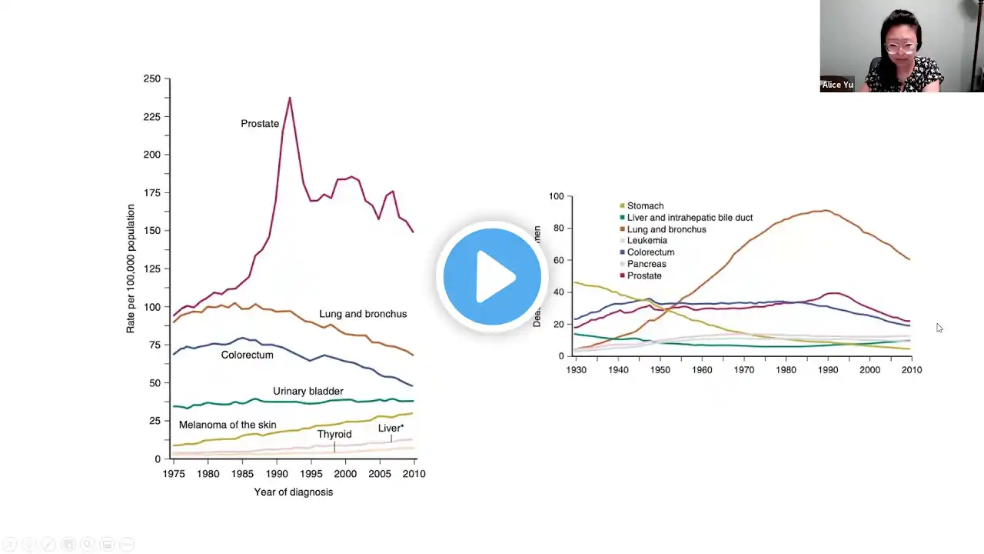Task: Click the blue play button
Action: pyautogui.click(x=492, y=276)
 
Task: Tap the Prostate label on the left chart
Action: pyautogui.click(x=260, y=124)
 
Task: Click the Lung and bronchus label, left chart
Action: pyautogui.click(x=363, y=314)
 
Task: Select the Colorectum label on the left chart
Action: pyautogui.click(x=247, y=355)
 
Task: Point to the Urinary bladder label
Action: pyautogui.click(x=307, y=392)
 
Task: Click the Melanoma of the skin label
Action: pyautogui.click(x=228, y=425)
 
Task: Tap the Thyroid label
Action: pyautogui.click(x=334, y=434)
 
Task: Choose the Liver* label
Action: pyautogui.click(x=391, y=429)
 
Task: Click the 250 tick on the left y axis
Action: pyautogui.click(x=152, y=79)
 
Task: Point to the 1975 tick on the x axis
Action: pyautogui.click(x=174, y=474)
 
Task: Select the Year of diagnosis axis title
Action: pyautogui.click(x=294, y=492)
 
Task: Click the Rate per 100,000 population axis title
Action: pyautogui.click(x=131, y=269)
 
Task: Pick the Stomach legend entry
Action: pyautogui.click(x=645, y=206)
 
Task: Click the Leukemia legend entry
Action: pyautogui.click(x=647, y=241)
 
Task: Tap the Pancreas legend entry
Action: pyautogui.click(x=647, y=264)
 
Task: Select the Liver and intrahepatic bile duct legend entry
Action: pyautogui.click(x=690, y=218)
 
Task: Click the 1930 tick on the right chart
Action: pyautogui.click(x=576, y=370)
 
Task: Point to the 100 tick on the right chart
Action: pyautogui.click(x=556, y=197)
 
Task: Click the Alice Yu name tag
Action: pyautogui.click(x=837, y=85)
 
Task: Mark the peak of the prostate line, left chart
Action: pyautogui.click(x=290, y=98)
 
